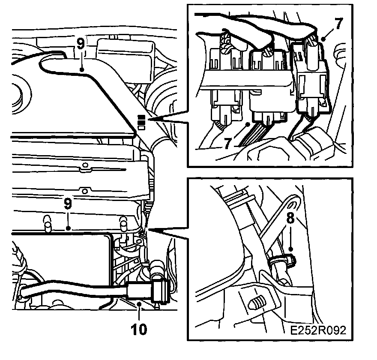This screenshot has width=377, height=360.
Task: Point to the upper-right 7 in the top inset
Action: (338, 24)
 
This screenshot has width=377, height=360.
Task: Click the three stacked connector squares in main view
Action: (141, 122)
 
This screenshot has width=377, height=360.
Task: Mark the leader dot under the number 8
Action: (291, 249)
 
